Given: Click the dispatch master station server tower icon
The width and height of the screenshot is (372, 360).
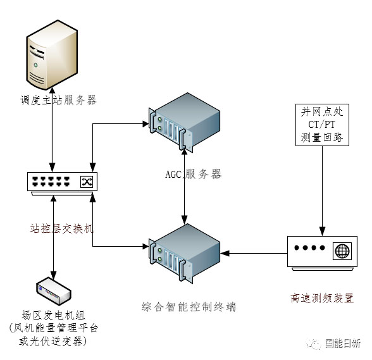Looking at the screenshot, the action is point(52,55).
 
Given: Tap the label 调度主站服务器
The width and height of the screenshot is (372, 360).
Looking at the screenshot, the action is point(58,100).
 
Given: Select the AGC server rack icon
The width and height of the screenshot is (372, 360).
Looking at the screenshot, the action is point(184,123).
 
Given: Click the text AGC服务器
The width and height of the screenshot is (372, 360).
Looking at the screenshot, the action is point(194,174).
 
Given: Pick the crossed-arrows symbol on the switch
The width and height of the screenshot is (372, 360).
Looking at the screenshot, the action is point(86,182).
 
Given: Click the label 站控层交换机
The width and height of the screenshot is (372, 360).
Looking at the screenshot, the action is point(62,228).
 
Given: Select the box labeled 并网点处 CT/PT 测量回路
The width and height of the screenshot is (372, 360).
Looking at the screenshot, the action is point(322,125).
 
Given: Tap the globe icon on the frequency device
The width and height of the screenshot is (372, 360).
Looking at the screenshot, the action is point(342,251).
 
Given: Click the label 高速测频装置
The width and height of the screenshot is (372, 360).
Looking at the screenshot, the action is point(322,298).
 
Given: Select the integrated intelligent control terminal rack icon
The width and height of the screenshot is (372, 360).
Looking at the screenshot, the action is point(184,254).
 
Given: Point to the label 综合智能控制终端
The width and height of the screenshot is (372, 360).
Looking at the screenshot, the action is point(189,307).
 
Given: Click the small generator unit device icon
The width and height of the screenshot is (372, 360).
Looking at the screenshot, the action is point(53,290).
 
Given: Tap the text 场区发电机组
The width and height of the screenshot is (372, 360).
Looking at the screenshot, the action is point(53,315).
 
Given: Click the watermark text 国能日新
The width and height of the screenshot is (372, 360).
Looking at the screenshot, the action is point(343,344).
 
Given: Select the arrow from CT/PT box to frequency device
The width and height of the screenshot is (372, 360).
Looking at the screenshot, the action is point(322,191).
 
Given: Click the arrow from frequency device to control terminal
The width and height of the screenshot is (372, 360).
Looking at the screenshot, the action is point(254,253).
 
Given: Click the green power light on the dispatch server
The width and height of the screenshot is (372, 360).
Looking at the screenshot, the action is point(35,65).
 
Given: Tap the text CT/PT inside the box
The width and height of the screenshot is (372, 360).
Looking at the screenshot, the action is point(321,125).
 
